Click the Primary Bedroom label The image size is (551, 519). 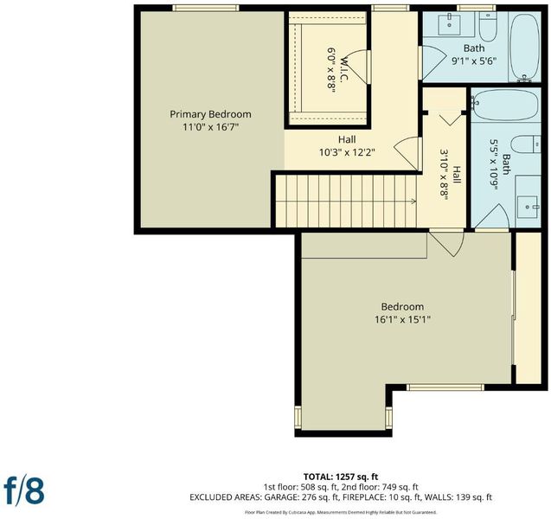pos(210,114)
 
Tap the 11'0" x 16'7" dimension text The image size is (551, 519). pos(210,127)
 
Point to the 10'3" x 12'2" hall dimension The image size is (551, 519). pos(347,152)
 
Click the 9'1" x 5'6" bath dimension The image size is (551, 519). pos(474,61)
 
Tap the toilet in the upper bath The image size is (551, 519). pos(488,26)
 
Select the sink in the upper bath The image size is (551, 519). pos(450,24)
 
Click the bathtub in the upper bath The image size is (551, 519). pos(525,48)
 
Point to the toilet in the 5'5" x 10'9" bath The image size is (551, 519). pos(526,144)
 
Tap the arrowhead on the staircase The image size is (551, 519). pos(414,202)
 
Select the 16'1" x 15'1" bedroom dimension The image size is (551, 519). pos(402,319)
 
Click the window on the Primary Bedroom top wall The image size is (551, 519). pos(206,8)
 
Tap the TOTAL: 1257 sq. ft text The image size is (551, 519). pos(341,477)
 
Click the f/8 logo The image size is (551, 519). pos(24,490)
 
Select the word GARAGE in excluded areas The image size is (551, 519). pos(281,497)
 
